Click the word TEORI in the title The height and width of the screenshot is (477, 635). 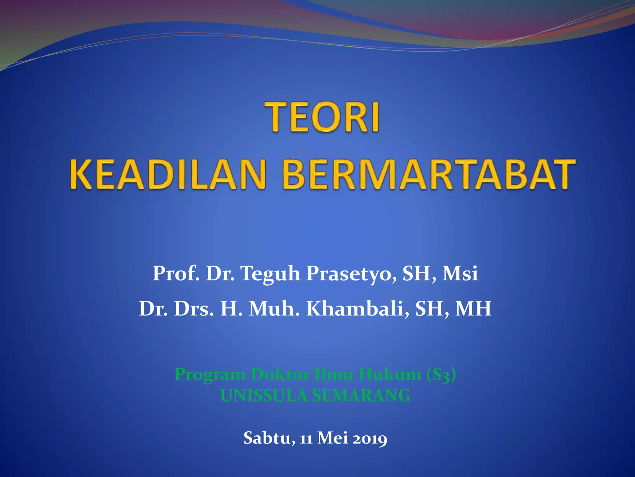click(322, 117)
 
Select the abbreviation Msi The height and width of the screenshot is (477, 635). click(460, 274)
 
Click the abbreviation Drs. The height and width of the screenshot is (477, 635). click(193, 309)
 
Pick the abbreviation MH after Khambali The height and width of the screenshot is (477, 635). click(473, 309)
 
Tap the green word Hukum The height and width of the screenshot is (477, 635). click(390, 374)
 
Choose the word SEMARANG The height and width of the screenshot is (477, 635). click(361, 396)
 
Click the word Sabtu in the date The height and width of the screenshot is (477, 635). click(269, 438)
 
